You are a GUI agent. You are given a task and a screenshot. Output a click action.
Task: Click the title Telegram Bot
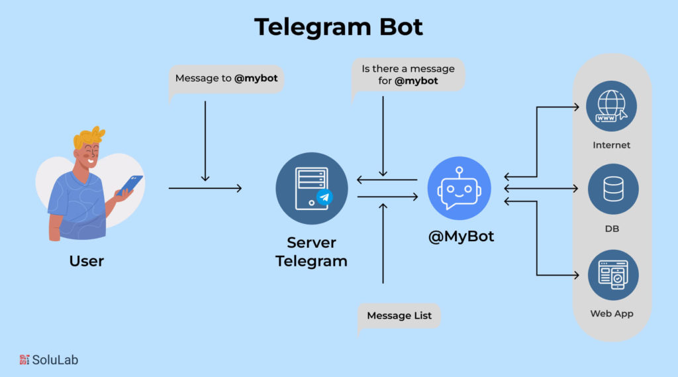[x=338, y=27]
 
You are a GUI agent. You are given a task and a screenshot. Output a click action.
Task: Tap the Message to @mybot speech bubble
[x=226, y=79]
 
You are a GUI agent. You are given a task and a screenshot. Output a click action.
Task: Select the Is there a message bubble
[x=408, y=76]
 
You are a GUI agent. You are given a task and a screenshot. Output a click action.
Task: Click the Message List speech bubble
[x=399, y=315]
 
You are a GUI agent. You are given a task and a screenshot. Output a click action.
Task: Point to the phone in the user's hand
[x=130, y=185]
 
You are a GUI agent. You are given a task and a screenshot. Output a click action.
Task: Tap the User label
[x=87, y=261]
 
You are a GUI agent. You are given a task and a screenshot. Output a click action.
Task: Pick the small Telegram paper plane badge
[x=324, y=197]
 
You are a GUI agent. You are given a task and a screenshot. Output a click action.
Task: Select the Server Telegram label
[x=311, y=252]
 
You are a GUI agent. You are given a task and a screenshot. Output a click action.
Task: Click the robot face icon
[x=459, y=188]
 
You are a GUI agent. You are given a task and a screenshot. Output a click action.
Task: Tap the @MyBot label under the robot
[x=461, y=237]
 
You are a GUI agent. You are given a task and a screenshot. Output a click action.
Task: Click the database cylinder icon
[x=612, y=189]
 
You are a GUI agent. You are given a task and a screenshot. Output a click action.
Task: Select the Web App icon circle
[x=612, y=274]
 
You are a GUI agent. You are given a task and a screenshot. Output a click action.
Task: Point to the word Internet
[x=612, y=145]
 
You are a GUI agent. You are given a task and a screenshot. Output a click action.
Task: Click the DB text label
[x=612, y=229]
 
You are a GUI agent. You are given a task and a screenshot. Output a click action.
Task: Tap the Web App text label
[x=612, y=313]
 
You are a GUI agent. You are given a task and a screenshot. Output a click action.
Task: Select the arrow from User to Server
[x=205, y=189]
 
